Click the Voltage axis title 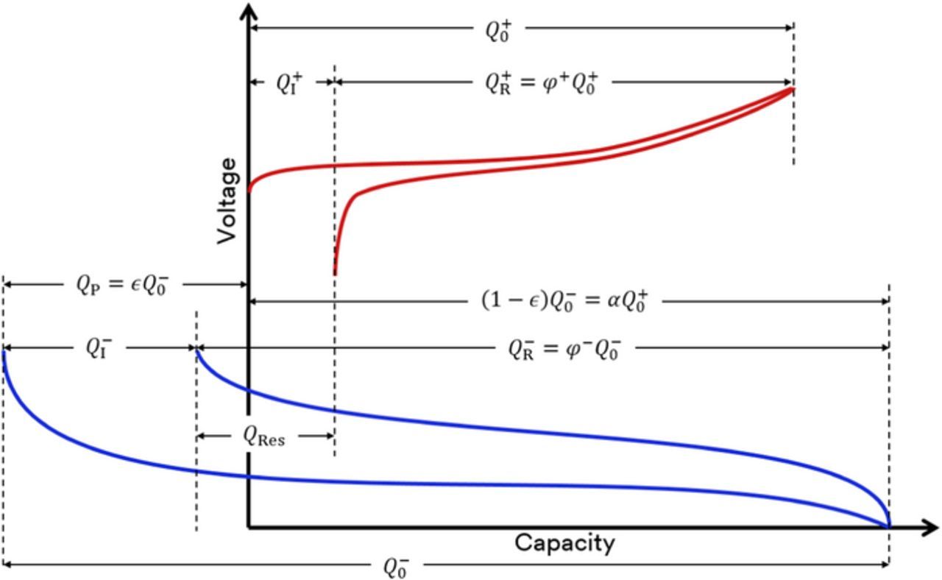[x=228, y=200]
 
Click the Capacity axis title [x=564, y=543]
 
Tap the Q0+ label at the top [x=498, y=29]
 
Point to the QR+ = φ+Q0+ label [x=540, y=82]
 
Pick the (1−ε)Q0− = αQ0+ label [x=564, y=300]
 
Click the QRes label [x=264, y=436]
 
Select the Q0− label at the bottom [x=396, y=566]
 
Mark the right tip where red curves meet [x=793, y=90]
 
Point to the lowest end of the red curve [x=335, y=274]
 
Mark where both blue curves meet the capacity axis [x=889, y=526]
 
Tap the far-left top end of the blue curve [x=4, y=353]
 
